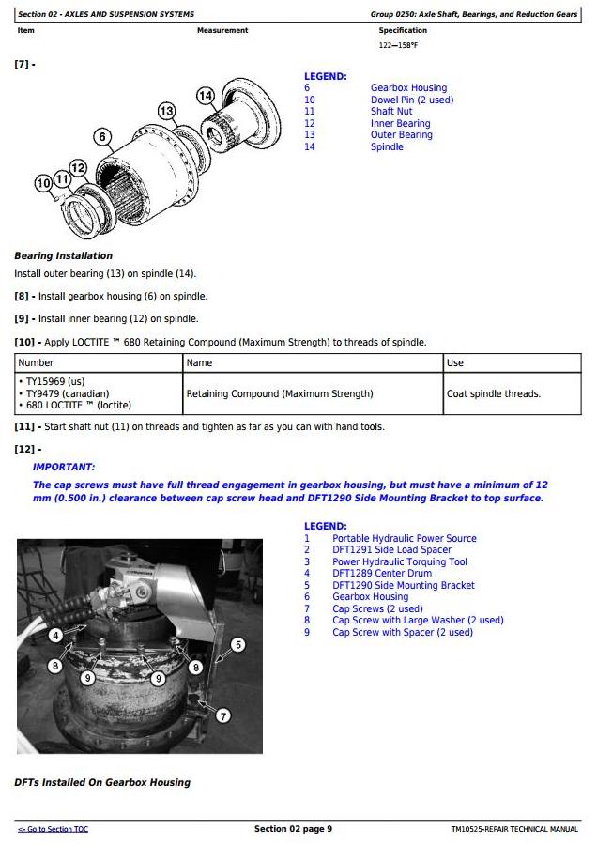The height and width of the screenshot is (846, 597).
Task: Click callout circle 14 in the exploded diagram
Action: point(206,95)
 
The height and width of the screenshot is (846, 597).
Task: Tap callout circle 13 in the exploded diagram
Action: point(166,112)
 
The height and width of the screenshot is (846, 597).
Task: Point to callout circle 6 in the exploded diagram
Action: point(102,137)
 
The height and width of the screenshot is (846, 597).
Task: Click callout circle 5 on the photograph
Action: point(237,644)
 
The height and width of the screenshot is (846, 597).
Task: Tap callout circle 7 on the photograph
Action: point(222,715)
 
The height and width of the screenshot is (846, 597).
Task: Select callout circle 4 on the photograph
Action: point(55,637)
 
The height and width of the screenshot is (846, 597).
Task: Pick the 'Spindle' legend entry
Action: point(387,146)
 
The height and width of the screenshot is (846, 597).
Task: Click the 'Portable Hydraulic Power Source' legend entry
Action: point(404,538)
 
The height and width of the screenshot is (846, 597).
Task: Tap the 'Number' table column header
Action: point(37,362)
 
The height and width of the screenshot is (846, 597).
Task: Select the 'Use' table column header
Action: point(455,362)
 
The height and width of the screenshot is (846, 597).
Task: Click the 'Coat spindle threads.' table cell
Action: point(493,393)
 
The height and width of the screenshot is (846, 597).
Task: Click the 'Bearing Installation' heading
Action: point(63,255)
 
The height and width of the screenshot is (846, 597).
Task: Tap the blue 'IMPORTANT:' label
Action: point(64,467)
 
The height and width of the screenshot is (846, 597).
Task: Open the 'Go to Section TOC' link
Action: point(54,829)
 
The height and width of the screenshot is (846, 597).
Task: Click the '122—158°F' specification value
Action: point(398,44)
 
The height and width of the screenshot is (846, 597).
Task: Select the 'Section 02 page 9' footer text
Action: point(293,829)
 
